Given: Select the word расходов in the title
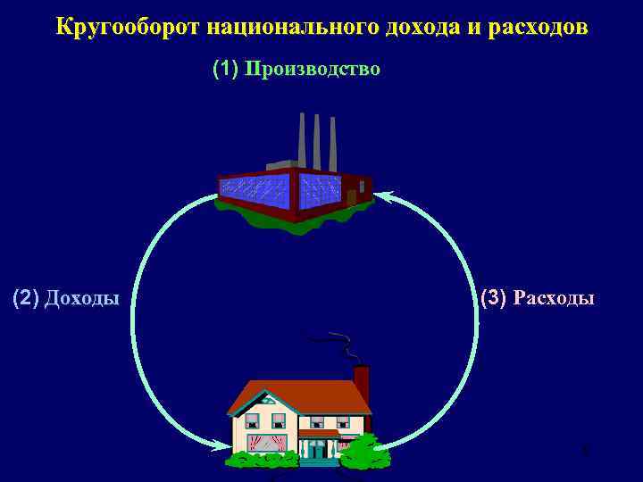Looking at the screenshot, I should click(x=539, y=27).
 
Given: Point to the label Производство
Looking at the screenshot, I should click(x=313, y=69).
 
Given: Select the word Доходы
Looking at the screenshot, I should click(x=81, y=297).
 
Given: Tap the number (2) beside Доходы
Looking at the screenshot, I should click(x=26, y=297).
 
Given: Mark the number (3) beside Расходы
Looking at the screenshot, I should click(x=494, y=297).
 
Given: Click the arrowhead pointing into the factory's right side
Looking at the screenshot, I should click(x=382, y=195).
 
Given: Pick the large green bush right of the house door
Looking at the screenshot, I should click(x=363, y=453).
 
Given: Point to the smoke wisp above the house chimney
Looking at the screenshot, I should click(x=339, y=345).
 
